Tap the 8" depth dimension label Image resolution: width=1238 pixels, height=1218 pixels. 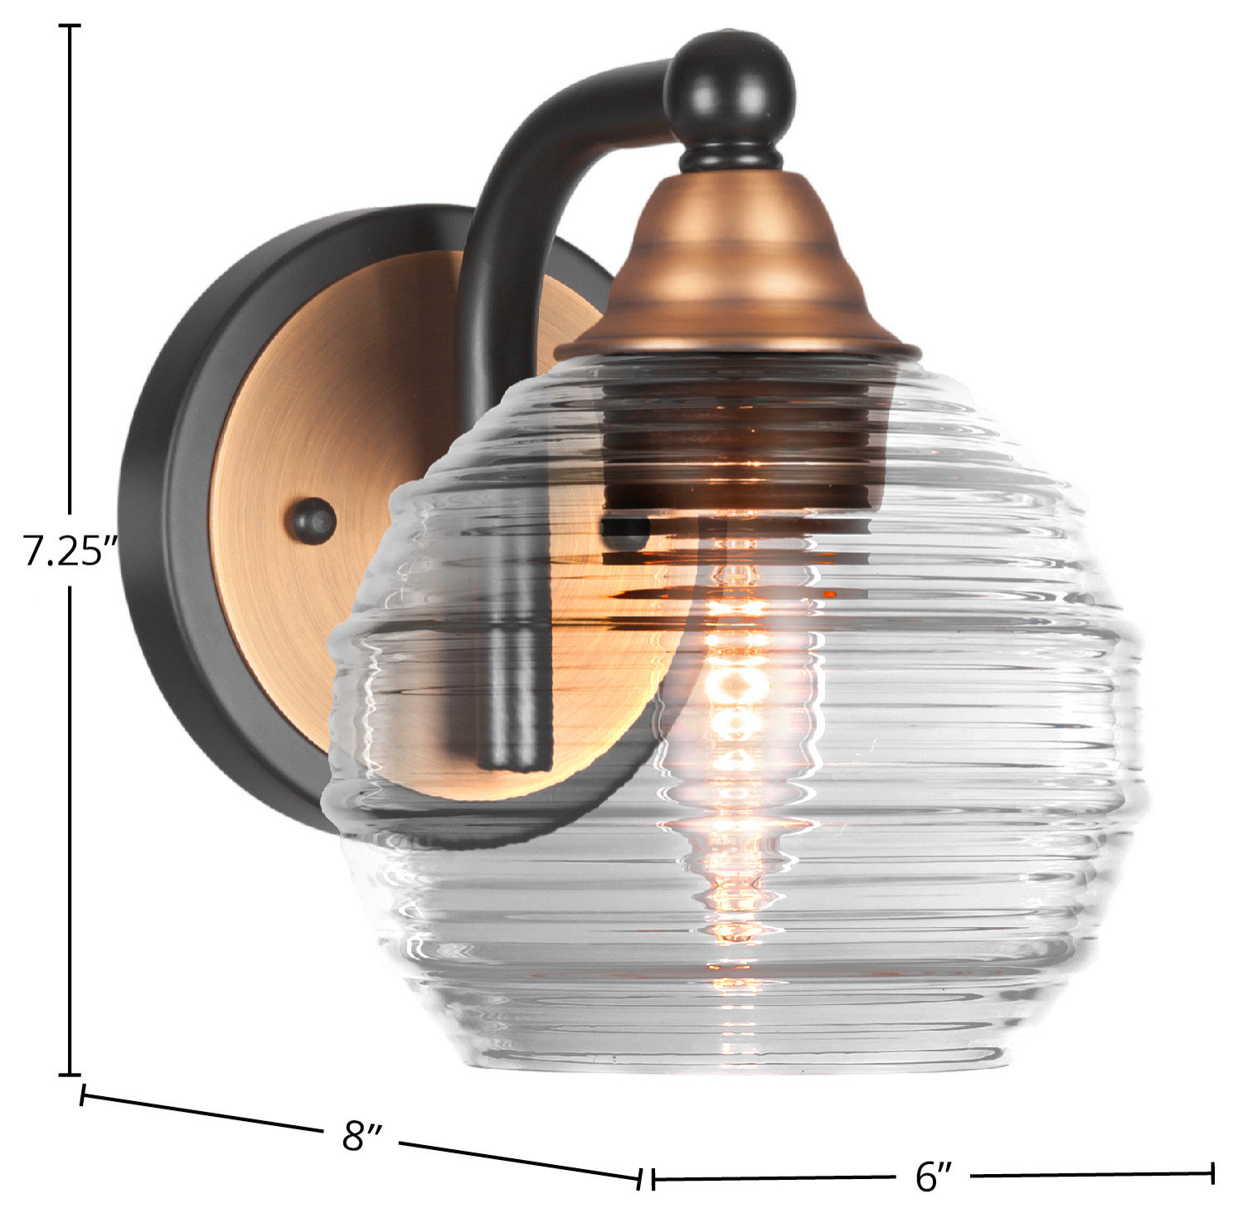pos(362,1135)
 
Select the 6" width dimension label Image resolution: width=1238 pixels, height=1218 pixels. pos(935,1176)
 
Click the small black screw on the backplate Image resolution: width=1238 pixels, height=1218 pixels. pos(312,522)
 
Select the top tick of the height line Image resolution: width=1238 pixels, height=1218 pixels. pos(70,27)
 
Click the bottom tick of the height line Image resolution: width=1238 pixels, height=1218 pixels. pos(70,1074)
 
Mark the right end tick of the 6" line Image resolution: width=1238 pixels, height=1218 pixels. pos(1212,1173)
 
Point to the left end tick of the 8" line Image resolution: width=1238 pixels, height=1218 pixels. pos(82,1094)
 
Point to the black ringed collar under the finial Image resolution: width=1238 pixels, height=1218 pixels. pos(730,157)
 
